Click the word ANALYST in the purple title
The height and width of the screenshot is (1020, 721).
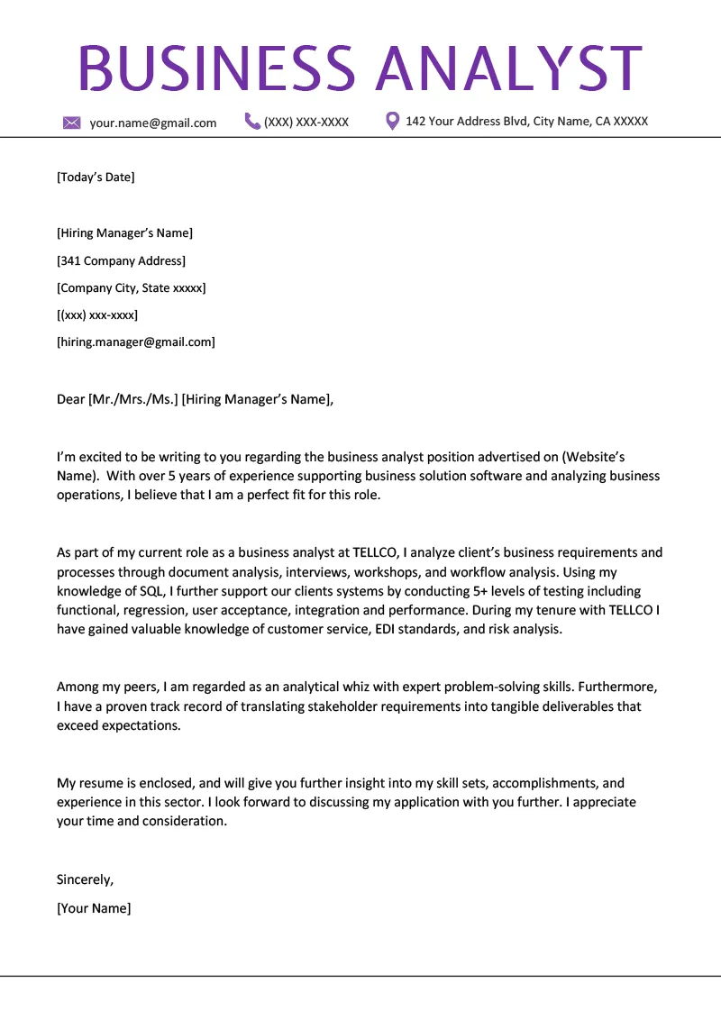click(508, 68)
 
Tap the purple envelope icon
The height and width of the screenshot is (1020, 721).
click(72, 123)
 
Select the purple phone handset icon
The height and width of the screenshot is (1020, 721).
click(252, 121)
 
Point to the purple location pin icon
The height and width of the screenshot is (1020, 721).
click(392, 121)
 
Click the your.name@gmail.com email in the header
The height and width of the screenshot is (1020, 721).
click(153, 123)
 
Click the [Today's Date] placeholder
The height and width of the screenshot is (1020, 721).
click(96, 177)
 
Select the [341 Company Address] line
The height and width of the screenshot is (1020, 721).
click(121, 260)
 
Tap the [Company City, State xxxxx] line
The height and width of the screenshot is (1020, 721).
click(132, 287)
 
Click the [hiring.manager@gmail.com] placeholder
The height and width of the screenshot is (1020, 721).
click(136, 342)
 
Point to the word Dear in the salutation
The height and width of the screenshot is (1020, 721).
click(70, 399)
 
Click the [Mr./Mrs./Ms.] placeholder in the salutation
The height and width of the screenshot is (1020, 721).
click(132, 399)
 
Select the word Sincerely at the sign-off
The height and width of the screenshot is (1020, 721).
click(85, 879)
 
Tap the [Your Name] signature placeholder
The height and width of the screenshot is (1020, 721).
click(94, 908)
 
